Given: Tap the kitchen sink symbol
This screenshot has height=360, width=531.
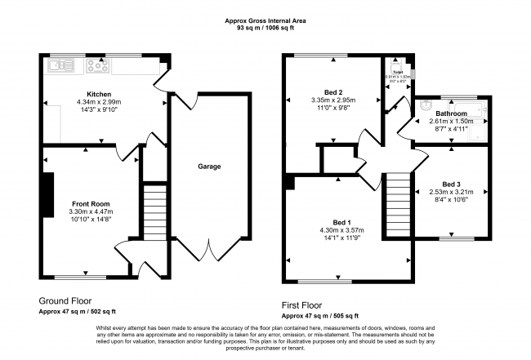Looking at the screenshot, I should (60, 64).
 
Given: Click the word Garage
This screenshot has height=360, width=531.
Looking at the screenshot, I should (209, 167).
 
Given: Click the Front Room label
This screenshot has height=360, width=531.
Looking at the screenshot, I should (91, 203).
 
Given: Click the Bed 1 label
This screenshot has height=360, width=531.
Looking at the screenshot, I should (342, 222).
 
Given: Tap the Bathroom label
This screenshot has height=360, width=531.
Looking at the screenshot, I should (451, 113).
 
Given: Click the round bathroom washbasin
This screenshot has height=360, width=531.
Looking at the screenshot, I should (426, 104).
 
